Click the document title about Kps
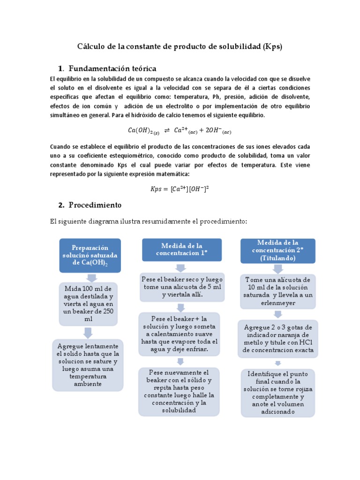point(180,47)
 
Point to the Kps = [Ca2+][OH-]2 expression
point(180,189)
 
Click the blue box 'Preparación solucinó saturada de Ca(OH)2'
point(90,255)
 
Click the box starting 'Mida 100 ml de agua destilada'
point(88,304)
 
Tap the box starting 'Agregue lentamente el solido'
point(88,365)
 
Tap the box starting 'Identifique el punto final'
point(277,393)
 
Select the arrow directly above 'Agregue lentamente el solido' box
point(88,332)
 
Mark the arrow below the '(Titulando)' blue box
point(277,269)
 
